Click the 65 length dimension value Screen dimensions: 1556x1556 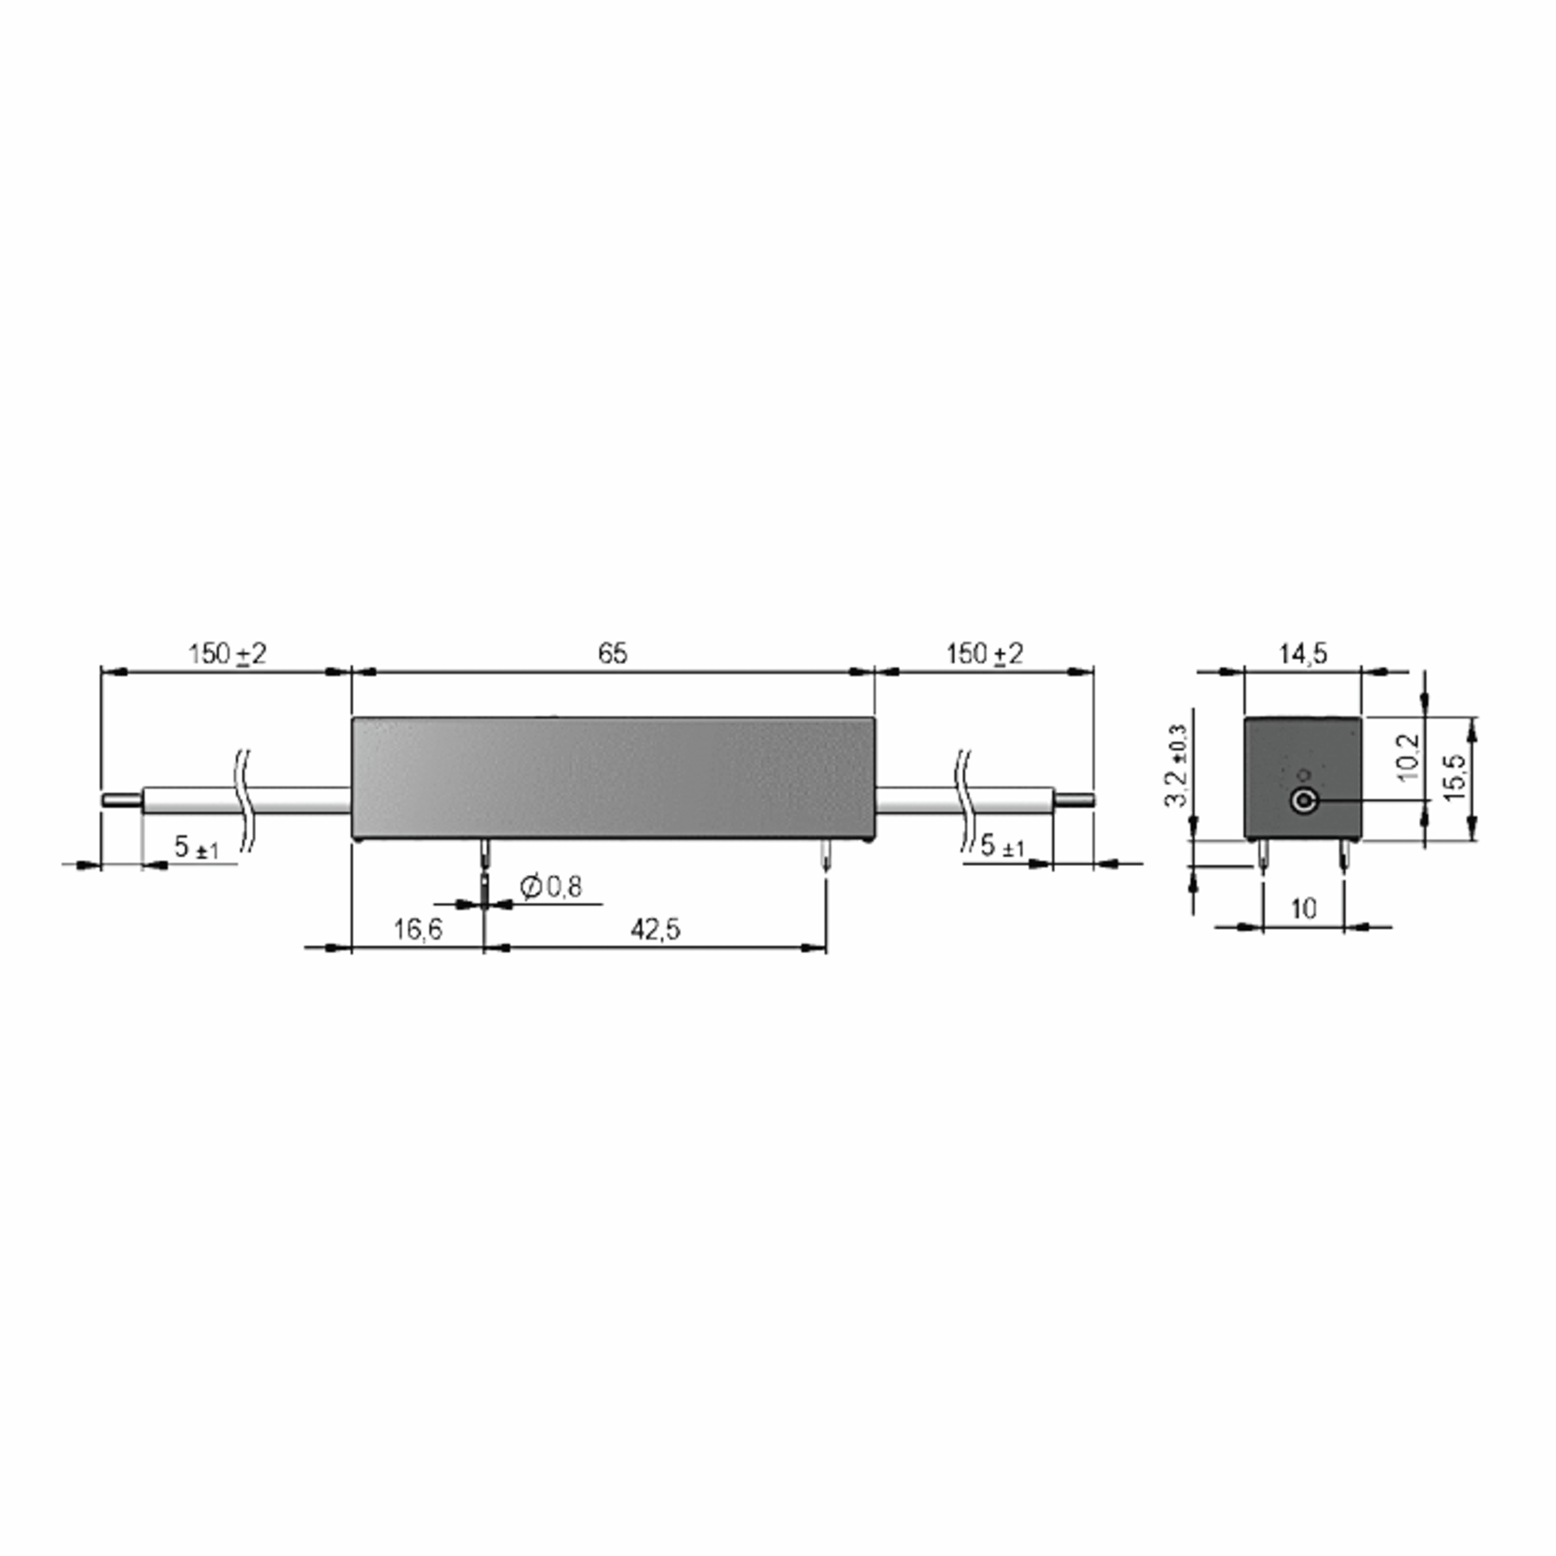pyautogui.click(x=612, y=653)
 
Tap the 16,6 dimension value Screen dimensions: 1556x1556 pyautogui.click(x=418, y=930)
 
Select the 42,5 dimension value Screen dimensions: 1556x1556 pyautogui.click(x=655, y=930)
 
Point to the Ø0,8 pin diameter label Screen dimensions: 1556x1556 pyautogui.click(x=551, y=887)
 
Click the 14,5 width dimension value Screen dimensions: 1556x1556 pyautogui.click(x=1303, y=653)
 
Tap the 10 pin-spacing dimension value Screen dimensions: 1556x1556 pyautogui.click(x=1303, y=908)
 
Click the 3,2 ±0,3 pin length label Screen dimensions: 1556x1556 pyautogui.click(x=1177, y=764)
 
